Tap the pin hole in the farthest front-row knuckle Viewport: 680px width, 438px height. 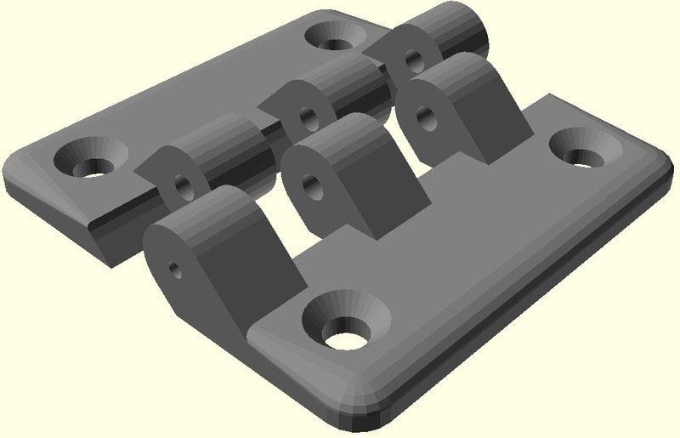427,113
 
